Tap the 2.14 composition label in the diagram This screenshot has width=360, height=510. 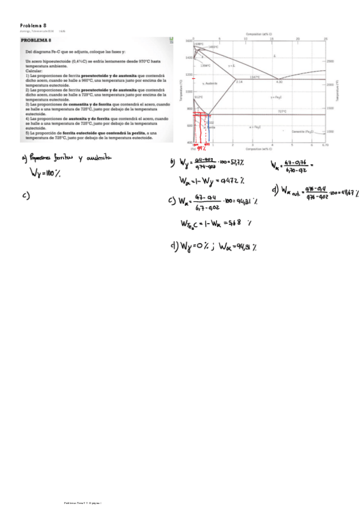(239, 81)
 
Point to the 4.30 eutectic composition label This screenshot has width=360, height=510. (278, 81)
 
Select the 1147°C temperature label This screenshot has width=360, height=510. (254, 77)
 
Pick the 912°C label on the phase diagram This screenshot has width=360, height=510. (198, 96)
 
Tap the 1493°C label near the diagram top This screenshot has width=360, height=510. (212, 47)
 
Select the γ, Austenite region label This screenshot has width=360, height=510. (210, 83)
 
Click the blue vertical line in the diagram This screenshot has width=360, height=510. (208, 129)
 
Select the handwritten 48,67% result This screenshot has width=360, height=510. (349, 194)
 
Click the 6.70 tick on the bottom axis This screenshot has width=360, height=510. (325, 145)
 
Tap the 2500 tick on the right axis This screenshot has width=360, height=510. (330, 61)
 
